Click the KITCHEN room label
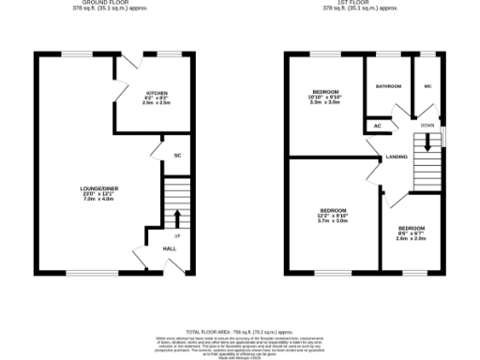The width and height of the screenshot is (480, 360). point(157,92)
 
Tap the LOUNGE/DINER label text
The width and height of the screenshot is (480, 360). point(97,188)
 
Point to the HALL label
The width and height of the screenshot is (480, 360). point(170,248)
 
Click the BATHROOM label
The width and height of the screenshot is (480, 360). point(388,85)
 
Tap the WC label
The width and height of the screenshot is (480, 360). point(427,85)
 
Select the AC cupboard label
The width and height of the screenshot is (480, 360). point(378,125)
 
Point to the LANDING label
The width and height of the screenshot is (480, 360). point(396,157)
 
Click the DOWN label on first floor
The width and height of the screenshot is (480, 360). point(427,125)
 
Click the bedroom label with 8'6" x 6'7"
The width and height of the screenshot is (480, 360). point(412,228)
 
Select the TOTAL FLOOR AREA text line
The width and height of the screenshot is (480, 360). point(240,332)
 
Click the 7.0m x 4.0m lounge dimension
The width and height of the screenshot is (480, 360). point(97,200)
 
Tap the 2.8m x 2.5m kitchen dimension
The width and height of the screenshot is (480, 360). point(157,103)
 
